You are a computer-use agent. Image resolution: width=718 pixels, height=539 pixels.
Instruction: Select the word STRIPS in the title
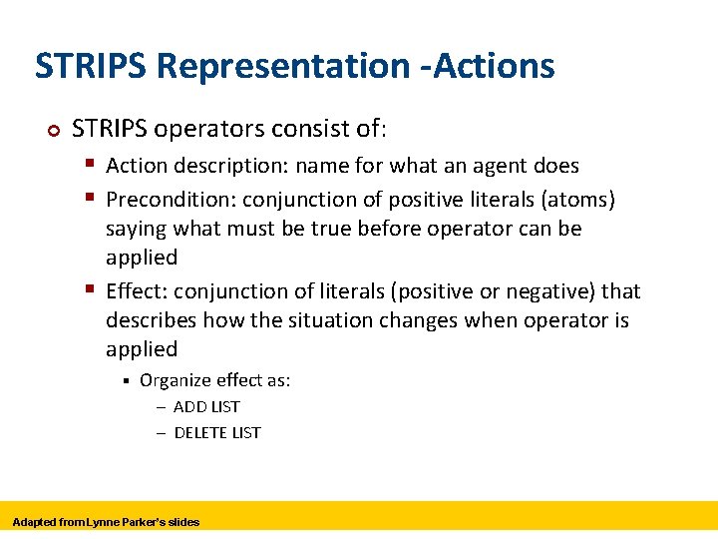tap(91, 66)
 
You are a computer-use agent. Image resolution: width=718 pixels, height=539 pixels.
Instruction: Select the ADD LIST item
tap(206, 406)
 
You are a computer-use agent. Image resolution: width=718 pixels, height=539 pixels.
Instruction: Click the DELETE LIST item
tap(216, 432)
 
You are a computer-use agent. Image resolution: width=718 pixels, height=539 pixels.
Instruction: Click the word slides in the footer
tap(183, 522)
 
